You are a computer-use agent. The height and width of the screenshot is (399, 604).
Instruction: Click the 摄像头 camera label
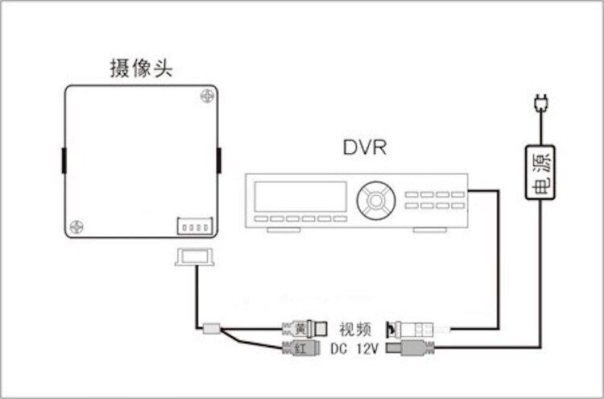141,68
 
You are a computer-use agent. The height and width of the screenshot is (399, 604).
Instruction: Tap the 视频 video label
354,329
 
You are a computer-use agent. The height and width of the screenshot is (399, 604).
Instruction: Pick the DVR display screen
300,197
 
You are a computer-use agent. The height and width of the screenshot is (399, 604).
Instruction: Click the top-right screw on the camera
207,96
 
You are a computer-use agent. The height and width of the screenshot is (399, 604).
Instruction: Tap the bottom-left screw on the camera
77,227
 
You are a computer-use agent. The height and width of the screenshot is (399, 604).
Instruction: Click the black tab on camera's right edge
219,161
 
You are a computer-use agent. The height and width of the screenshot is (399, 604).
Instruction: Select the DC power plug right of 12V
412,349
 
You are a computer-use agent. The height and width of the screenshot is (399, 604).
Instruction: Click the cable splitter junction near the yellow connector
212,329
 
